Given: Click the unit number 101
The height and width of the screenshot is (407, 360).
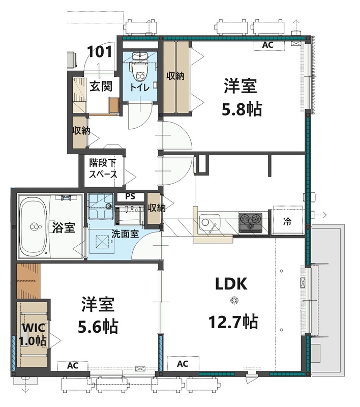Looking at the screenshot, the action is (x=100, y=52).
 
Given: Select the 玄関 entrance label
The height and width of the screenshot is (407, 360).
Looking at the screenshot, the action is (x=101, y=86).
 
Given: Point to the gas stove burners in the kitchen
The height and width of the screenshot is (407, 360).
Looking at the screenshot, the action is (x=250, y=222).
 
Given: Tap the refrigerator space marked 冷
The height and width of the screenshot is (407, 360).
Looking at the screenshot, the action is (x=287, y=221).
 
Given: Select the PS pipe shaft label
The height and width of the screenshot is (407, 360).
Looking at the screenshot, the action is (x=131, y=196).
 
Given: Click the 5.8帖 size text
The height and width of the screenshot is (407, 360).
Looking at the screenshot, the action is (x=242, y=109).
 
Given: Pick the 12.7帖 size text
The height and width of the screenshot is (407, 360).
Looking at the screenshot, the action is (x=233, y=322).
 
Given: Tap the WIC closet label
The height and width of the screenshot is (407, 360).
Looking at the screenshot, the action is (x=33, y=328).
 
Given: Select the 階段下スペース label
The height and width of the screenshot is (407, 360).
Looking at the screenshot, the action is (x=103, y=169).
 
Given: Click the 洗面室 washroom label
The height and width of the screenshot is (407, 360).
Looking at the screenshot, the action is (x=125, y=234).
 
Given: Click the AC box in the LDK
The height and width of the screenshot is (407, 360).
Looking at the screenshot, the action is (x=183, y=364).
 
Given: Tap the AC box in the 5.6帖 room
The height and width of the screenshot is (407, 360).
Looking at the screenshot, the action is (x=73, y=366).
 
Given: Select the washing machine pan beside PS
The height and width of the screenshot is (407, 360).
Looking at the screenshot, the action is (x=100, y=206).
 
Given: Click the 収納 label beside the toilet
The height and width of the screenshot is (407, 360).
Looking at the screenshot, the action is (x=175, y=76).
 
